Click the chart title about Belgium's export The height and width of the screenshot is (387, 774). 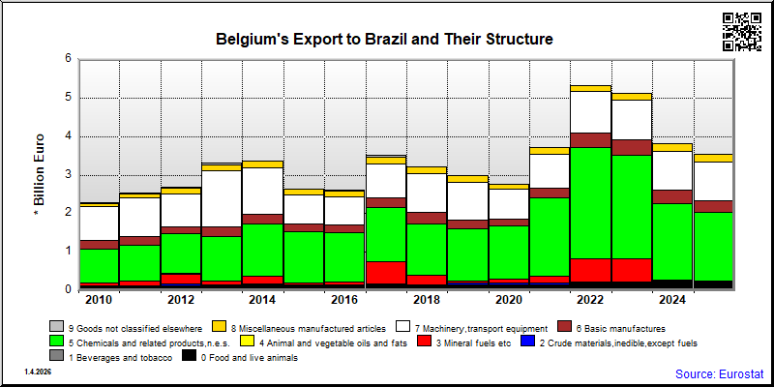pos(384,39)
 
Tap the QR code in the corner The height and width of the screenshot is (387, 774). pos(742,32)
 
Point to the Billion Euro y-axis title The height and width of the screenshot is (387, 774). pos(40,176)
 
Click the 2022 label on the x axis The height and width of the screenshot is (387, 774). pos(591,301)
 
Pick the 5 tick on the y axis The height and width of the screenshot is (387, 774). pos(69,98)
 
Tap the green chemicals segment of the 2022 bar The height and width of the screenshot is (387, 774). pos(591,203)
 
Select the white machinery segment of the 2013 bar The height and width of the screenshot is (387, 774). pos(222,199)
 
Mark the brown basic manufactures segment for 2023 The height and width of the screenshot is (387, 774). pos(632,148)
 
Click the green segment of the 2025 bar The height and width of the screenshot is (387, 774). pos(714,247)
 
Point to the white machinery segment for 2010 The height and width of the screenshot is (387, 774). pos(100,223)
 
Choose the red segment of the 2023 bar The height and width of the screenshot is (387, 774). pos(632,270)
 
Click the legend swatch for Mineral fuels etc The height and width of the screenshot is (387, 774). pos(424,342)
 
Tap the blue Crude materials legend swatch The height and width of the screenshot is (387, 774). pos(528,342)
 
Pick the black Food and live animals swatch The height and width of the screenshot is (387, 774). pos(189,356)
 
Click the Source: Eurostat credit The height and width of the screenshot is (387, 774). pos(720,373)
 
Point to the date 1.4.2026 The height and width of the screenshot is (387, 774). pos(38,372)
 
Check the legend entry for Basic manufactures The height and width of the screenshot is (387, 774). pos(611,327)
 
